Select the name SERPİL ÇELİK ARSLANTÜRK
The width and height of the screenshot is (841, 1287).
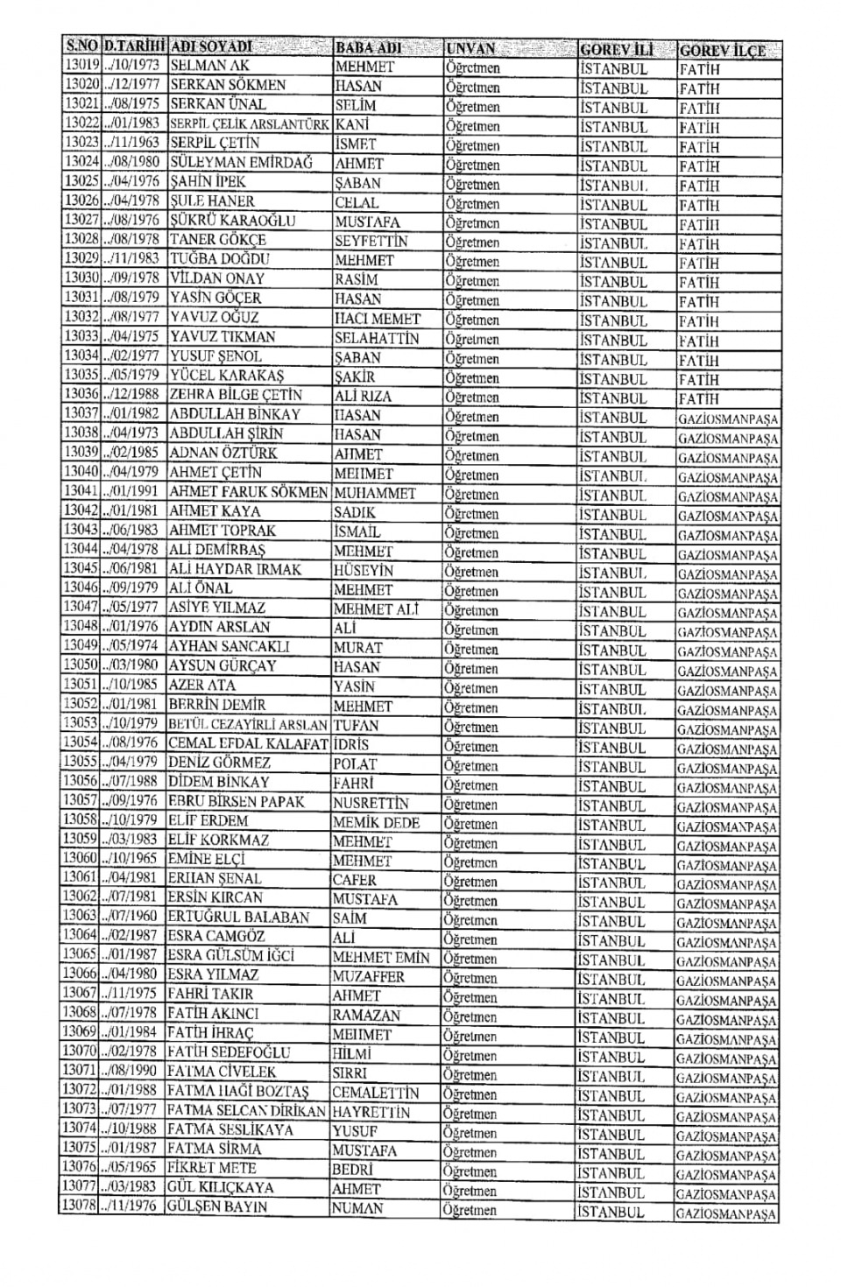point(250,124)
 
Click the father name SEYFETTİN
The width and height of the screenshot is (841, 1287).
point(371,241)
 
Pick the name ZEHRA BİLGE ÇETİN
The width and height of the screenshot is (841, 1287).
point(236,395)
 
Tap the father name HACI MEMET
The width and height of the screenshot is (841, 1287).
point(378,319)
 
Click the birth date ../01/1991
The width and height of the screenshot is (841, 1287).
point(132,491)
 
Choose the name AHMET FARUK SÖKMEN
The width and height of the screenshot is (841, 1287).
point(248,492)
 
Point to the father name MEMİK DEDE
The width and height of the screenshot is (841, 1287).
point(376,822)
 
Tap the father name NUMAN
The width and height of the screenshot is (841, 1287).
point(357,1208)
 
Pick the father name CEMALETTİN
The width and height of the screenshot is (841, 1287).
point(375,1093)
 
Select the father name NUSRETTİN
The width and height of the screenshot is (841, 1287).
point(376,803)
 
